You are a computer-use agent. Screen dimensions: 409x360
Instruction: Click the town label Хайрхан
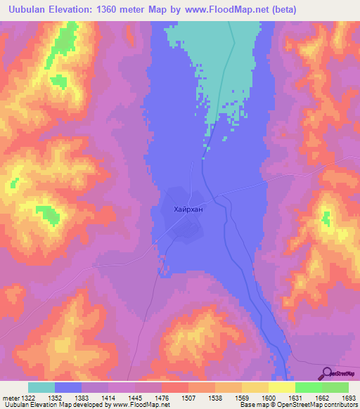coord(187,209)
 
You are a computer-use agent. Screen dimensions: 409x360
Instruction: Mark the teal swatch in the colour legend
coord(41,387)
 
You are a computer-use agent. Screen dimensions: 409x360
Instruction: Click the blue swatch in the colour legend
coord(68,387)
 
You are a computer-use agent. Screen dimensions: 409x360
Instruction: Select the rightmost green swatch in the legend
coord(335,387)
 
